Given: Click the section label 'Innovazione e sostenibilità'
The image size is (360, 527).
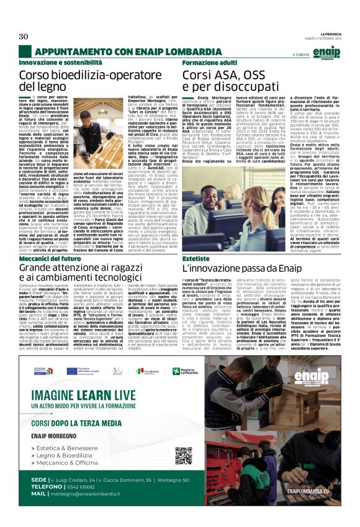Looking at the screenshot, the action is tap(60, 63).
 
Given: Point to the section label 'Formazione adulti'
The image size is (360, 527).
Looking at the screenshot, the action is tap(210, 63).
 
